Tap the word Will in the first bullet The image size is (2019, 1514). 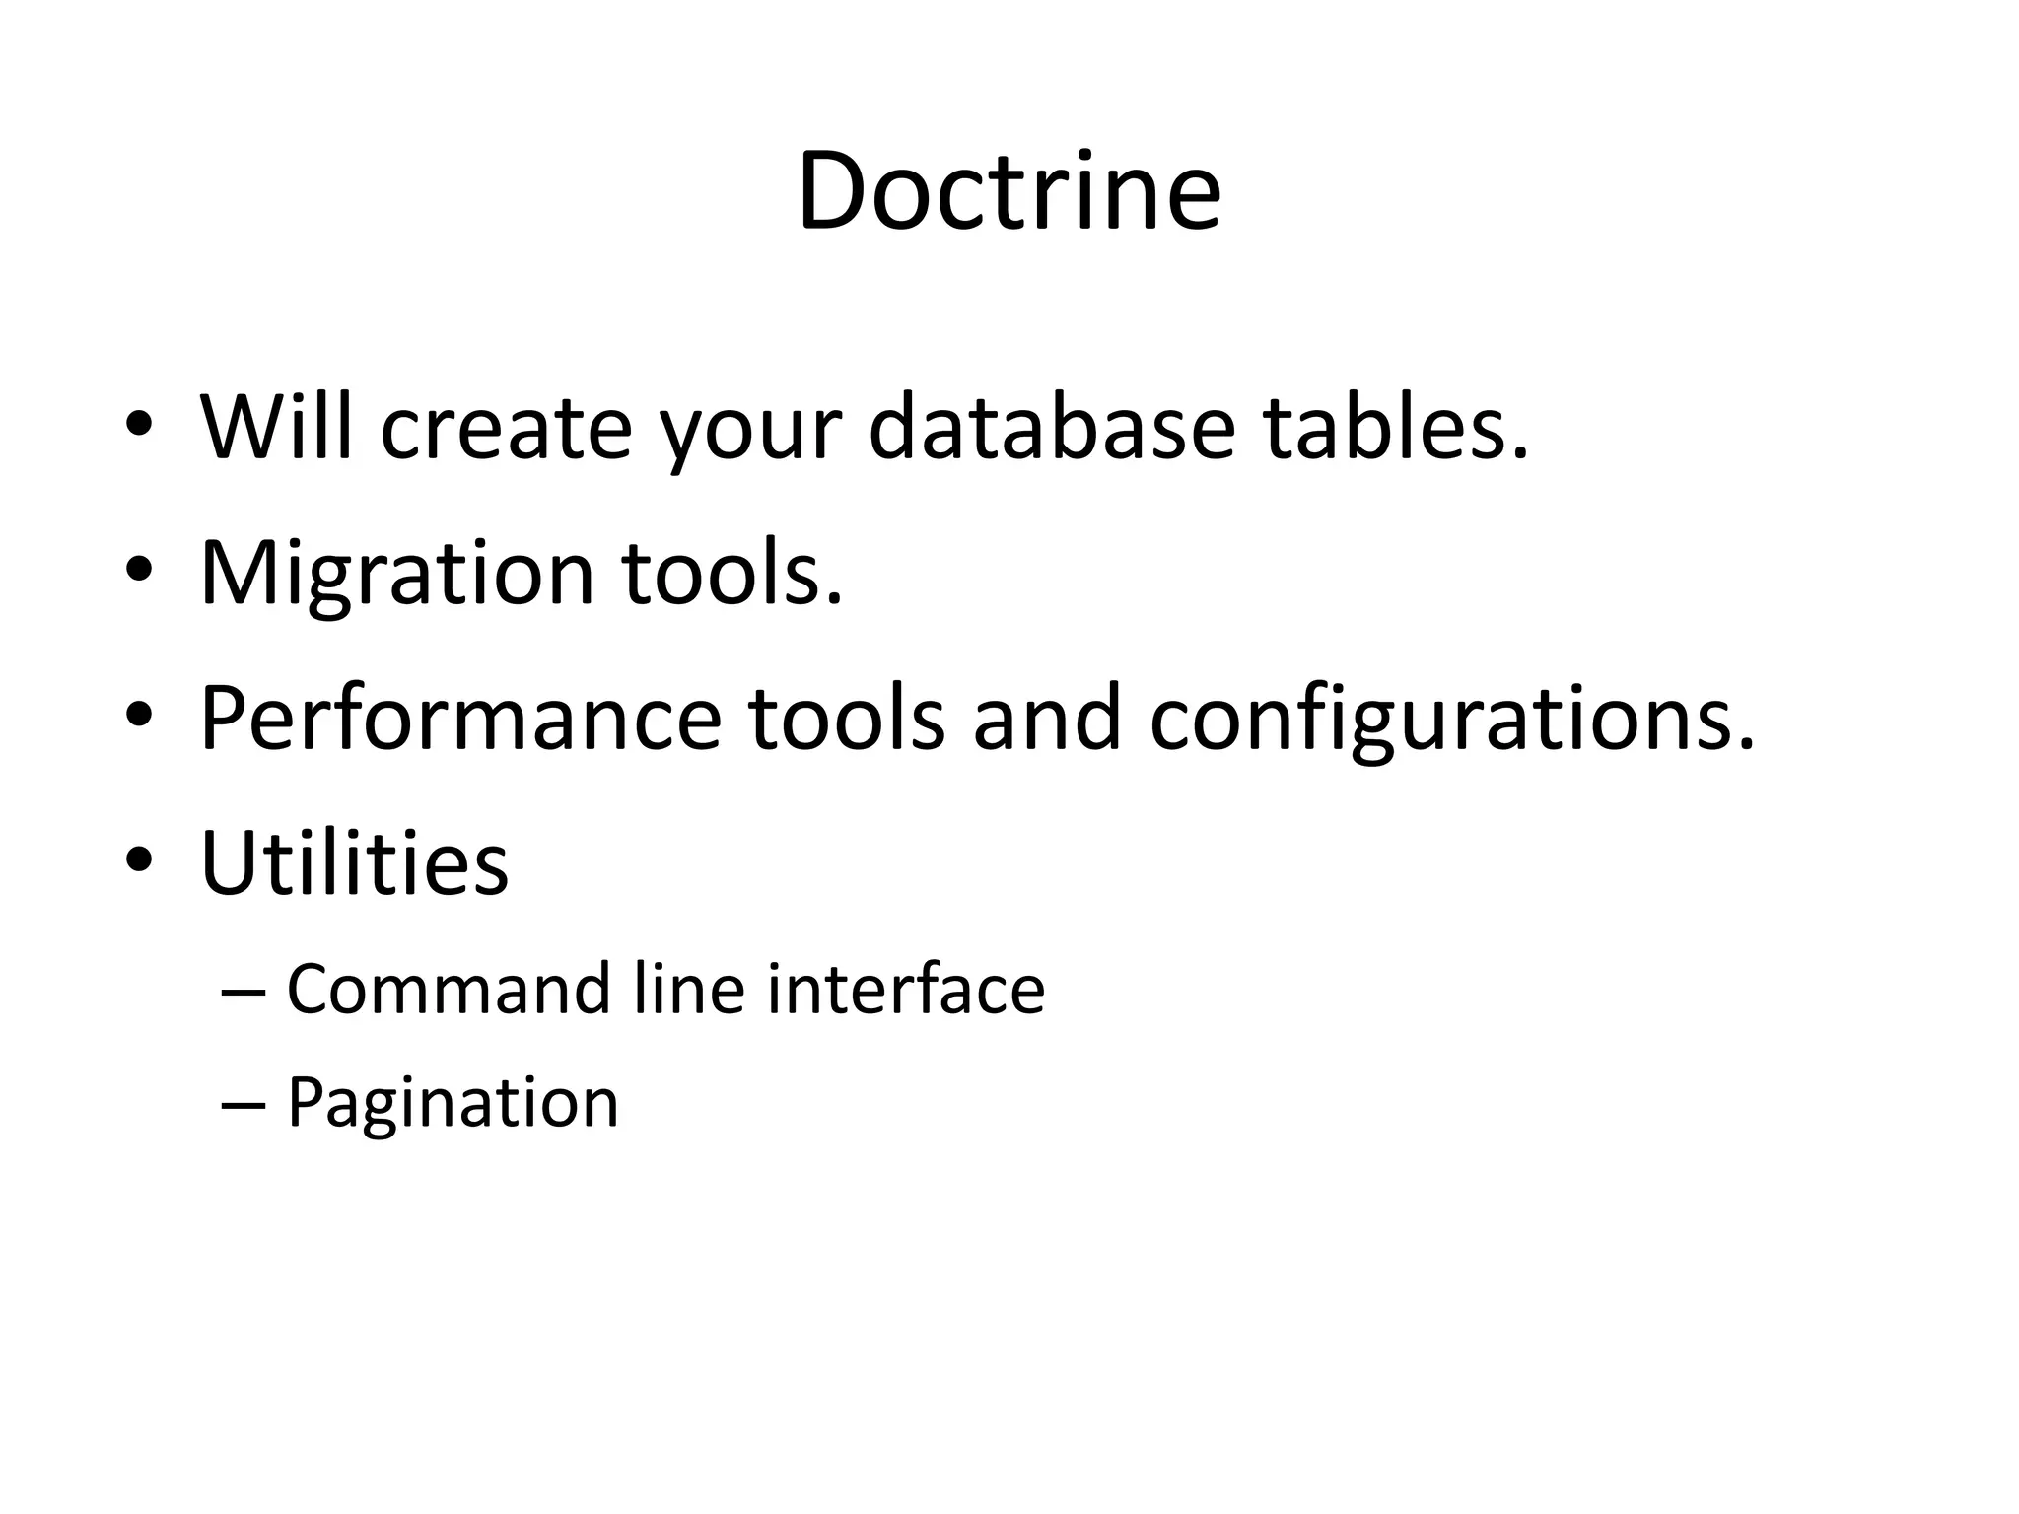coord(276,428)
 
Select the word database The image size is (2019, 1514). coord(1051,428)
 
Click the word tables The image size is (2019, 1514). coord(1395,428)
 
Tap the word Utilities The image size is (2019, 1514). coord(354,862)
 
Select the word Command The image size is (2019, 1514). coord(449,989)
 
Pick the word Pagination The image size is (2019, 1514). coord(453,1103)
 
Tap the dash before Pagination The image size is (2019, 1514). coord(244,1104)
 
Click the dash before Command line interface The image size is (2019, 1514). coord(244,991)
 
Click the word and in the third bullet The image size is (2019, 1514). coord(1047,719)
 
